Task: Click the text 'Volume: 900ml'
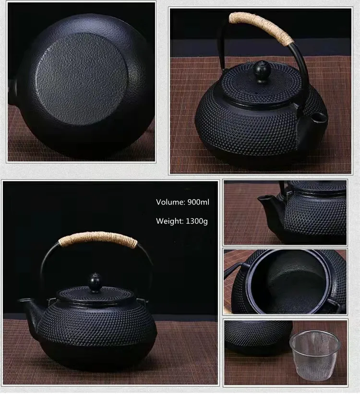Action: (x=182, y=202)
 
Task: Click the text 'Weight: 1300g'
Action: (x=182, y=221)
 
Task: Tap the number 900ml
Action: (x=198, y=202)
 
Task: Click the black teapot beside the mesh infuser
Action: (x=257, y=336)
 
